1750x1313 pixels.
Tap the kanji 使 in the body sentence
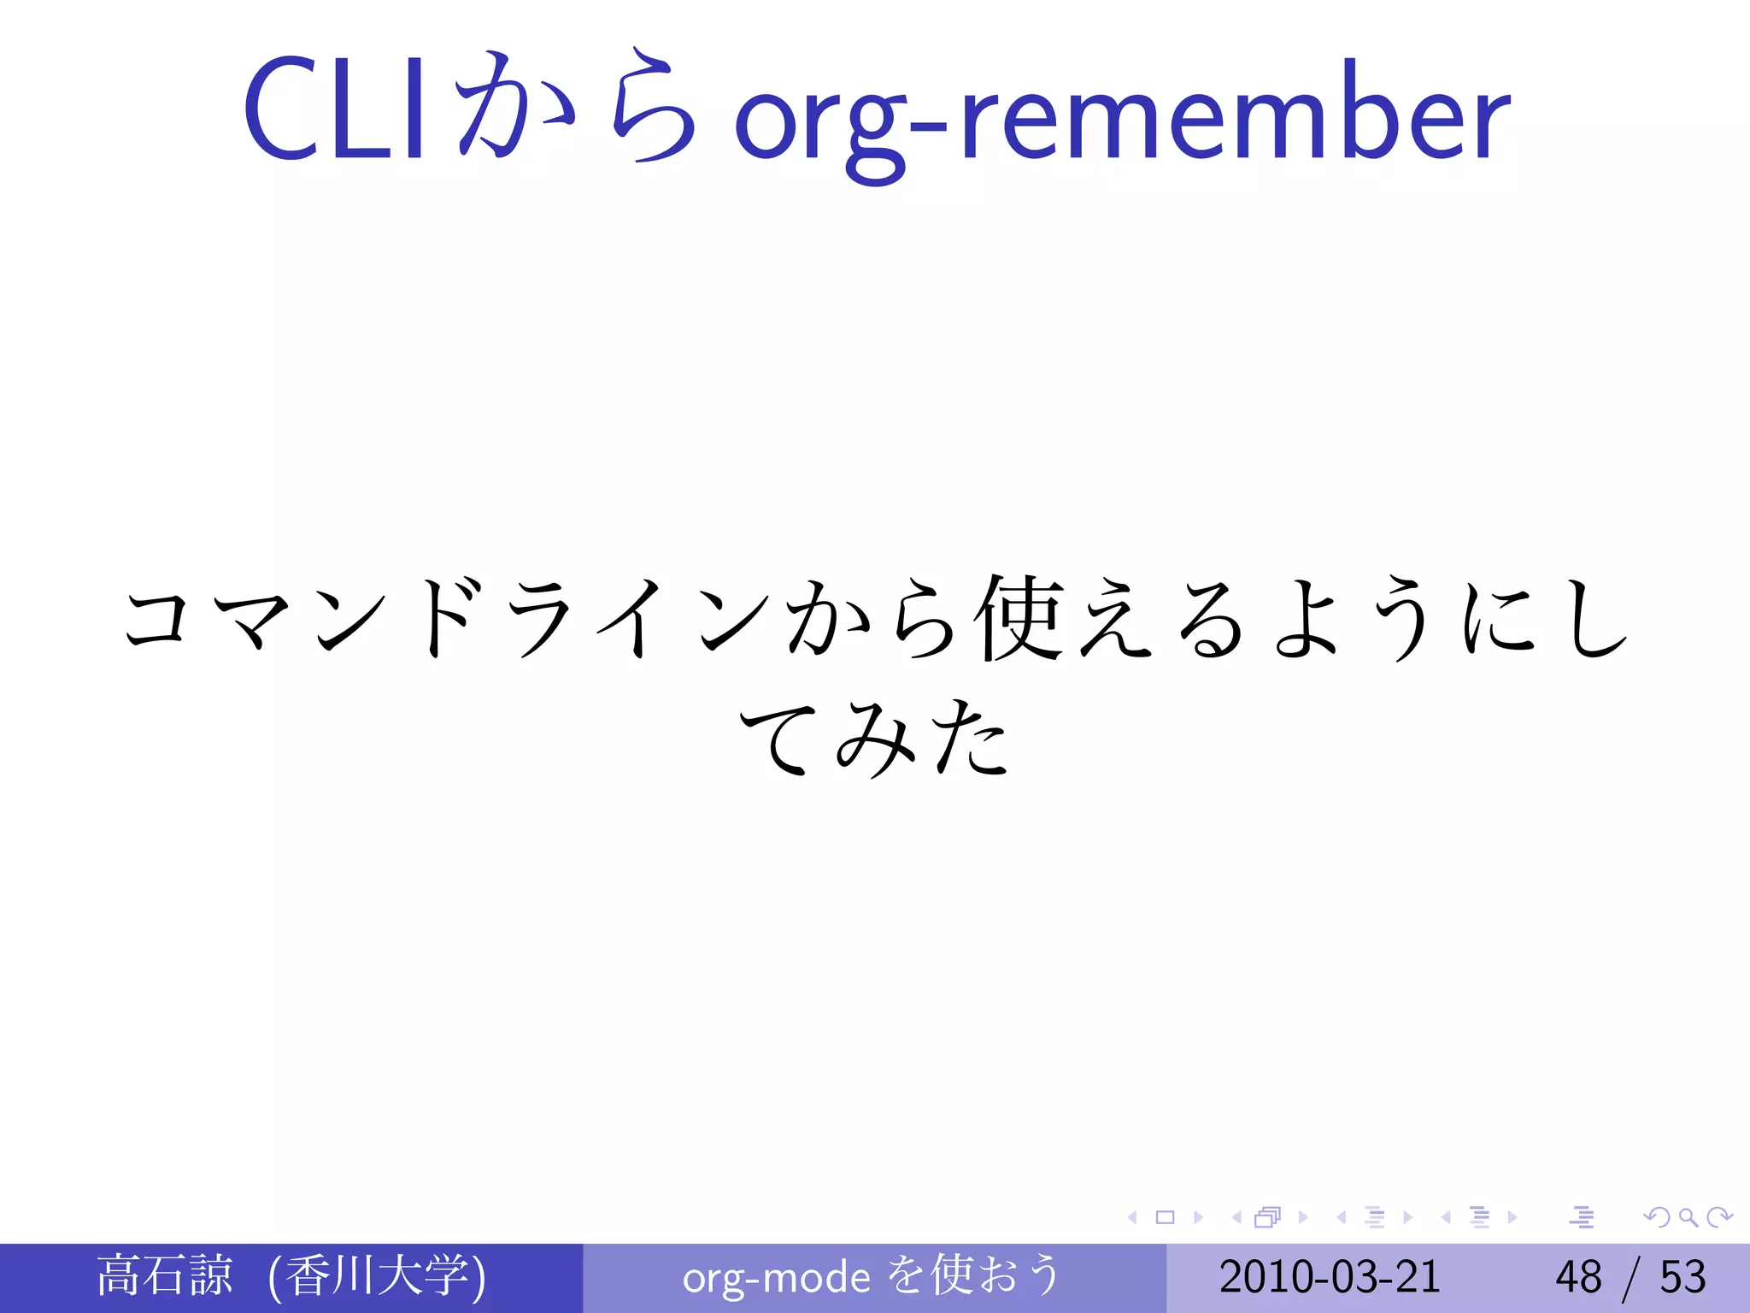point(1022,617)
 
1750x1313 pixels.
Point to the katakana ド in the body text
point(444,617)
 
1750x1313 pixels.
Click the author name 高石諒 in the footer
point(164,1275)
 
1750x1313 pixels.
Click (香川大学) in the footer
point(377,1275)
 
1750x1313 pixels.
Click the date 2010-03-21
point(1330,1277)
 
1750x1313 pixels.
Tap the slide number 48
point(1578,1277)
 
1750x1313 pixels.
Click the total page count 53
point(1682,1277)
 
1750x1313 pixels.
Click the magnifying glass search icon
point(1688,1216)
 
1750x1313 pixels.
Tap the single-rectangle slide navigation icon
point(1165,1216)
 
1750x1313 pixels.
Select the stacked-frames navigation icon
point(1267,1216)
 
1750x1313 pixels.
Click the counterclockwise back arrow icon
point(1658,1216)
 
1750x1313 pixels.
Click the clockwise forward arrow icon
point(1718,1216)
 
